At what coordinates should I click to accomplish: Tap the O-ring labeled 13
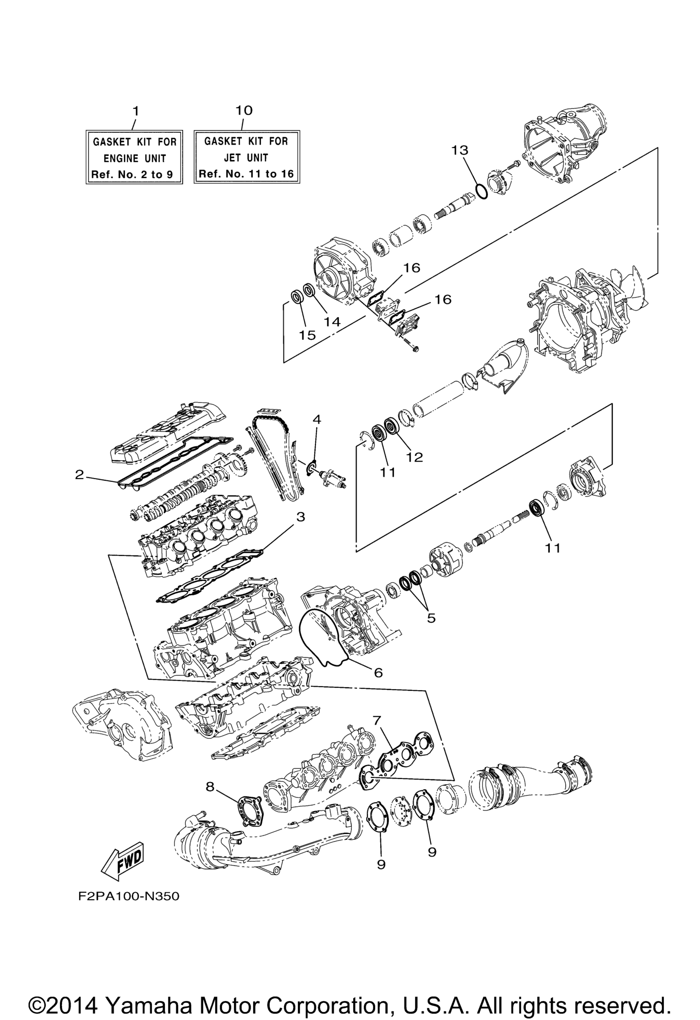[481, 191]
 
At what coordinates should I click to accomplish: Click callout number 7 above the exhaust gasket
[377, 720]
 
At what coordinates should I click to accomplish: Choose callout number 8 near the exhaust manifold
[210, 787]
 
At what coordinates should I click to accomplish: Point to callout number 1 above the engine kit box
[136, 110]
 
